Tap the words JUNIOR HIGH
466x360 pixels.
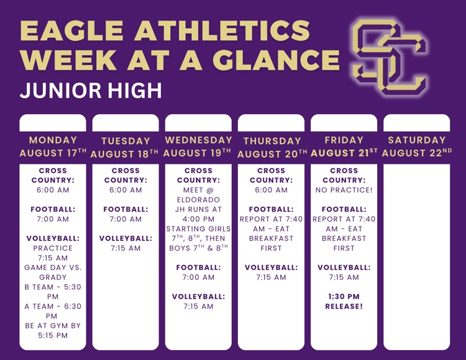[91, 91]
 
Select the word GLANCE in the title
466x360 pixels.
[276, 60]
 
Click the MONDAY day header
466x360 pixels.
[53, 140]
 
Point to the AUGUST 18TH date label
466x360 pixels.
[124, 154]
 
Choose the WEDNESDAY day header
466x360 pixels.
[199, 140]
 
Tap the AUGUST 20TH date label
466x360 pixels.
[272, 154]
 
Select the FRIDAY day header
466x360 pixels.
[344, 140]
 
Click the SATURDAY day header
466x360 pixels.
[417, 140]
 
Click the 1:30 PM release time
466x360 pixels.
[344, 297]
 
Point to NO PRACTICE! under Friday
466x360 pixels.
[344, 190]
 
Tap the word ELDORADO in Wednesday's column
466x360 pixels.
[199, 200]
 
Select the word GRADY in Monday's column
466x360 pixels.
[53, 277]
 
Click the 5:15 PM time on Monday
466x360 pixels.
[53, 335]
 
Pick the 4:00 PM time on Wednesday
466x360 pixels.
[199, 219]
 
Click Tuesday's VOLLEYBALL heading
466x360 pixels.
[126, 238]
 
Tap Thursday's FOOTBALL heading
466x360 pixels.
[271, 209]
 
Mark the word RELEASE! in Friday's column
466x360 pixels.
[344, 306]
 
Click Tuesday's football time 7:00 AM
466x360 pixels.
[126, 219]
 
